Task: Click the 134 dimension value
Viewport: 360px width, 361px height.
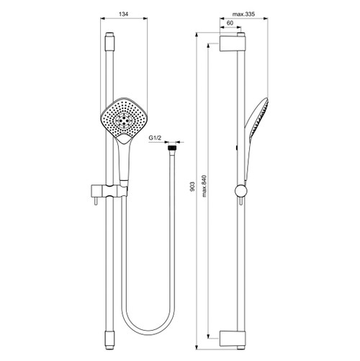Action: click(x=124, y=14)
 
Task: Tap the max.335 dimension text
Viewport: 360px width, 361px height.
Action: click(x=243, y=14)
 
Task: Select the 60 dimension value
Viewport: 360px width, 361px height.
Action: click(x=230, y=23)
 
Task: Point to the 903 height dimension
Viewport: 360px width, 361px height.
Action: click(x=192, y=187)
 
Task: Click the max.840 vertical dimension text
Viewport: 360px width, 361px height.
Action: click(x=204, y=186)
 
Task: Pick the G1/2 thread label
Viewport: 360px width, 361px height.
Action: click(x=156, y=138)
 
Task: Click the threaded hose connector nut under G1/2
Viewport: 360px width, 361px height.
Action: click(x=172, y=147)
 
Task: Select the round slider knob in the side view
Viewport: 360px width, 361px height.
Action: click(x=240, y=191)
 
